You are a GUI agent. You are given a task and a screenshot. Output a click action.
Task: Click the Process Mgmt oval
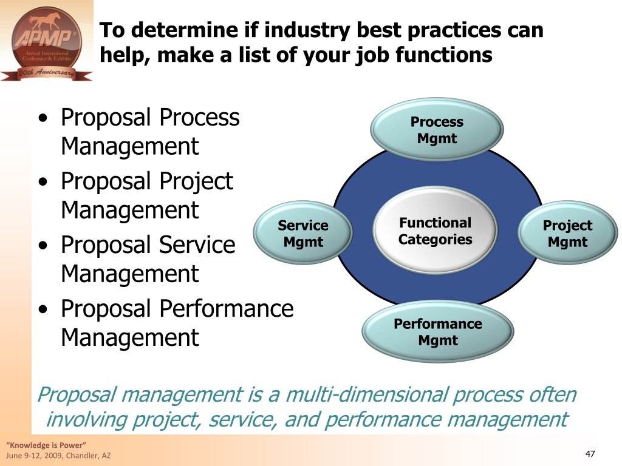(x=437, y=130)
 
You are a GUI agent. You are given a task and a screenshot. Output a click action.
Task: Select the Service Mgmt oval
(x=303, y=233)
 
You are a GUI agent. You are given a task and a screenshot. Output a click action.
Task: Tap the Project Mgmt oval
(x=568, y=233)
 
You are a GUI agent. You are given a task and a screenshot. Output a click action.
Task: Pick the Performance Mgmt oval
(x=438, y=332)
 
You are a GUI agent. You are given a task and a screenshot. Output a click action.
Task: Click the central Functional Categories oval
(x=435, y=231)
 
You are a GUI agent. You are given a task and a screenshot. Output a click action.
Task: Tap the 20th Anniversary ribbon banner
(x=46, y=73)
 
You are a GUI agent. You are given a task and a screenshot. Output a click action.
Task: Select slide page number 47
(x=590, y=454)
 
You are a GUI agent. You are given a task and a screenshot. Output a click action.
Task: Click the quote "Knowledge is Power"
(x=46, y=445)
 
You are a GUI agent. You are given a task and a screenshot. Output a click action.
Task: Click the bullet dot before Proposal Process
(x=43, y=118)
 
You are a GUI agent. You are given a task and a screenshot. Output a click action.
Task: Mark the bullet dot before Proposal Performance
(x=43, y=309)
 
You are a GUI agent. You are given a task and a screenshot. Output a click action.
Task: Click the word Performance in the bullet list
(x=227, y=308)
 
